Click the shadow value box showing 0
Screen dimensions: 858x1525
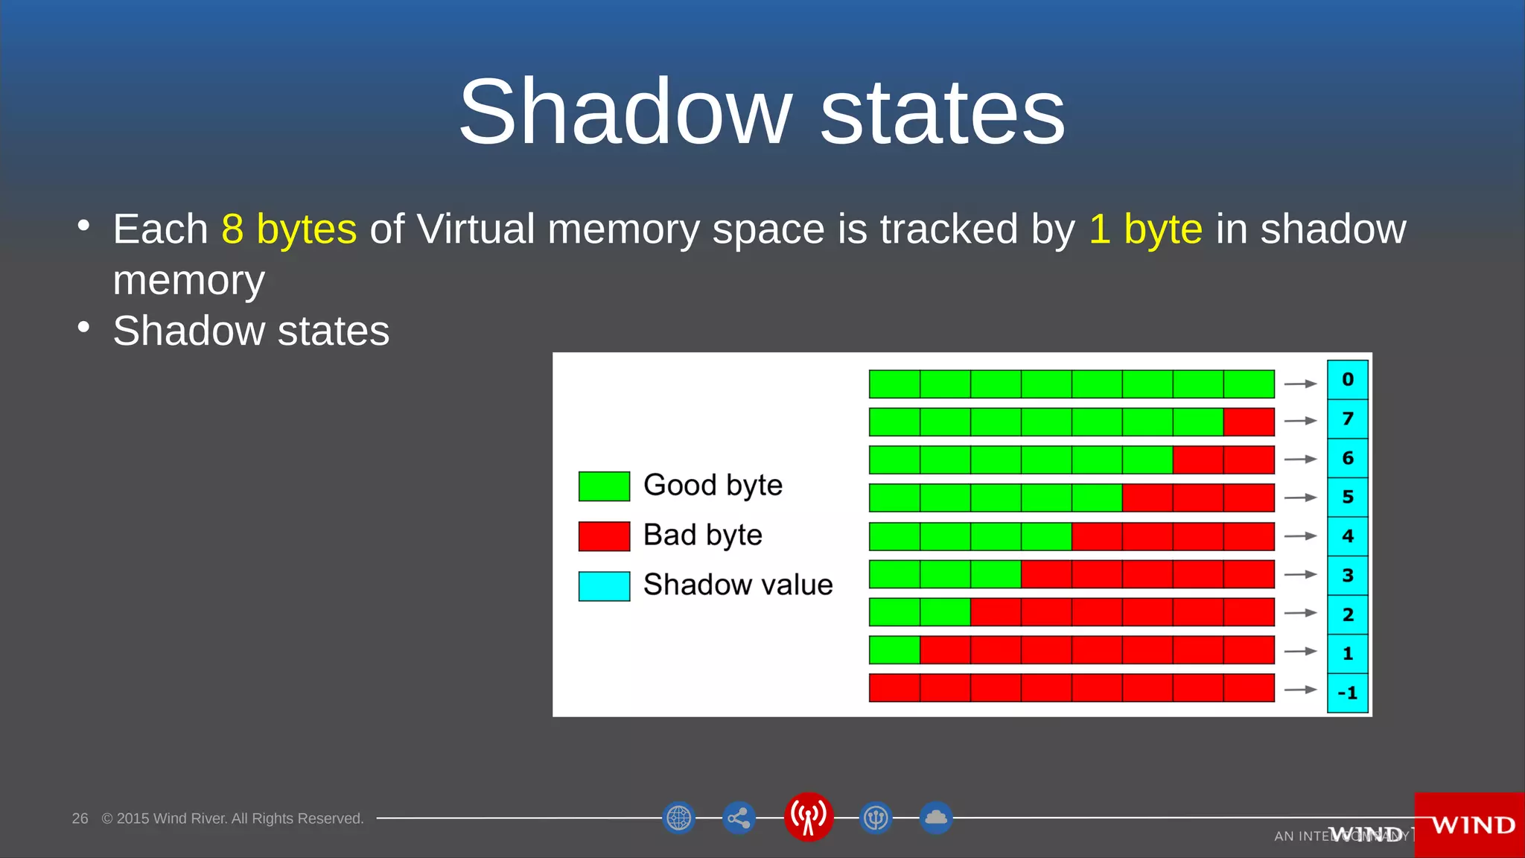click(1347, 380)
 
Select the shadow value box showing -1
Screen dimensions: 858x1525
click(1347, 693)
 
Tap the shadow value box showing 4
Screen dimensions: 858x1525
click(1347, 536)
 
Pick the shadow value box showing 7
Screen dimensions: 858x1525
click(1347, 419)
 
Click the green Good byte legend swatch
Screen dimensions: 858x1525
click(604, 486)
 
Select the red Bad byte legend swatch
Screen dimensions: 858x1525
click(604, 536)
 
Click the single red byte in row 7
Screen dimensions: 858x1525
click(1249, 422)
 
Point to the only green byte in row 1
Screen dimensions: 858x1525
click(894, 650)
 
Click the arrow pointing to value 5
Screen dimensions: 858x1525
click(1300, 498)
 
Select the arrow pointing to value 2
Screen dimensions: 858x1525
click(1300, 613)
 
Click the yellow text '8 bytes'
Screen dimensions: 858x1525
click(289, 229)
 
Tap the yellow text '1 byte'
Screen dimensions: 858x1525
click(1145, 229)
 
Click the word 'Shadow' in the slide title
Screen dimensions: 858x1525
click(625, 112)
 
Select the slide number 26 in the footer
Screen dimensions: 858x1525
click(80, 819)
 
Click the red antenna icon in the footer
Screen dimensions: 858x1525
click(808, 817)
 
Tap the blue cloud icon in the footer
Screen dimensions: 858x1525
click(936, 818)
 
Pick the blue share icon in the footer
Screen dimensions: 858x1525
click(739, 819)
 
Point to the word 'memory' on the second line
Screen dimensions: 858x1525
click(188, 280)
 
